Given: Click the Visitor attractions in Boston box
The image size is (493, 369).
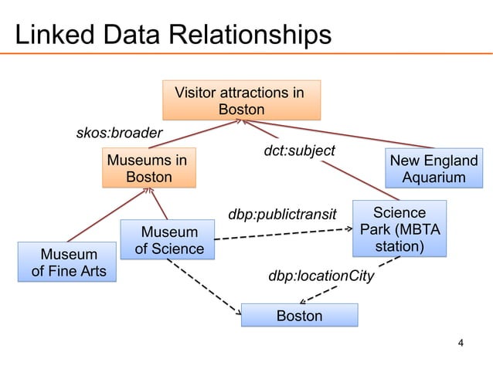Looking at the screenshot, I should [241, 101].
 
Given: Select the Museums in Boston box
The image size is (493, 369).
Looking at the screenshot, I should [149, 169].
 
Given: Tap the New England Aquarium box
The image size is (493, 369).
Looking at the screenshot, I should [433, 169].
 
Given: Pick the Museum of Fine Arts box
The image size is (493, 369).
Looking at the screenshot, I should [70, 262].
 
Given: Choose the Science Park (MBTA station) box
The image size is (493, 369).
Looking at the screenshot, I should [399, 229].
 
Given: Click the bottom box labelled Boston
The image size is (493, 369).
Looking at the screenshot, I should [299, 316].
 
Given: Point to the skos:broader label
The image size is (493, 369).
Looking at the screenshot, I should [119, 134].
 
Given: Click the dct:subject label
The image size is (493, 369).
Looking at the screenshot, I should [300, 151].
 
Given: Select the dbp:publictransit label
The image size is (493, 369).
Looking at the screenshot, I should [283, 213].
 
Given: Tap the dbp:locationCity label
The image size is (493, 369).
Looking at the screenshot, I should [321, 276].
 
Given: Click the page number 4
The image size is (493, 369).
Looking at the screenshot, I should [461, 343].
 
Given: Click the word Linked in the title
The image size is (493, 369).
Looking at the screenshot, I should [52, 35].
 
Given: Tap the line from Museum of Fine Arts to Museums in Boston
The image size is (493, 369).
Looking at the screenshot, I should [97, 217].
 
